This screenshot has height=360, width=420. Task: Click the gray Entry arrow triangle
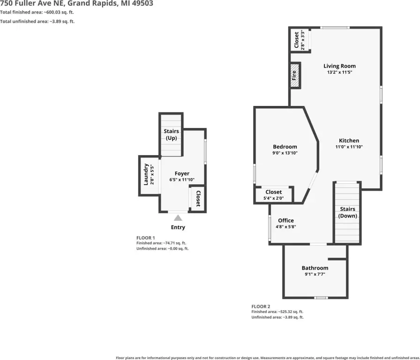178,218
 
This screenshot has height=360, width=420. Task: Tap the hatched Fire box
295,75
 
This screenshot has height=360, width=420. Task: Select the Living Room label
339,66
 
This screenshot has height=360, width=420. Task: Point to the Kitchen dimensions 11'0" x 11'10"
349,147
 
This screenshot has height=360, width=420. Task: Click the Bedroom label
285,147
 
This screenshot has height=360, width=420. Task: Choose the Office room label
286,220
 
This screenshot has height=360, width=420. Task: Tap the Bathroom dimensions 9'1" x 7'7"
315,274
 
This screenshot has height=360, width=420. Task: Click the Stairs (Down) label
347,212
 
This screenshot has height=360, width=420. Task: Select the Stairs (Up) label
171,135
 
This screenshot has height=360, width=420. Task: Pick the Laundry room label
146,174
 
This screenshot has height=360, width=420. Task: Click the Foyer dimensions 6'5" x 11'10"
182,180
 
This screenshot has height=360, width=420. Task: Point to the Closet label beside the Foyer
198,198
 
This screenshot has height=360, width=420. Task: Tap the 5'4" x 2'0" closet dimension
273,198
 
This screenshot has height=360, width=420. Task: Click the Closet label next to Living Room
296,40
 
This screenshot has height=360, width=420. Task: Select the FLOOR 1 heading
145,238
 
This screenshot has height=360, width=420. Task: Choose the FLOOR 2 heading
261,306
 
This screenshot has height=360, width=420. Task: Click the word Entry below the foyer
178,227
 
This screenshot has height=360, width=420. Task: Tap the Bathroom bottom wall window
321,298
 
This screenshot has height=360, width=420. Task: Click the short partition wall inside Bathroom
337,259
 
